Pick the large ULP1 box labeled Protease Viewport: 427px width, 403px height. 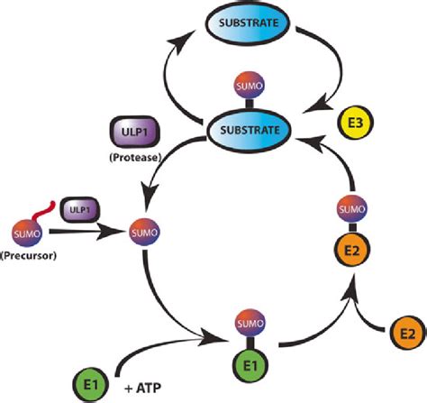click(x=129, y=130)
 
